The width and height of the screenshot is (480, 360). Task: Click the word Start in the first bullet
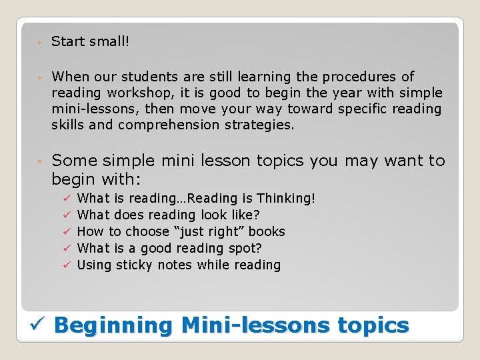[x=68, y=41]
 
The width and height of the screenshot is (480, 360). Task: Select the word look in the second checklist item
[x=191, y=215]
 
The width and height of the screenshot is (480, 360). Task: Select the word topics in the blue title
[x=373, y=325]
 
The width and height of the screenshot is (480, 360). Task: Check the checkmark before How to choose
[x=67, y=231]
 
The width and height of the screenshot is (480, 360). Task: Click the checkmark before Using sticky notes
[x=67, y=265]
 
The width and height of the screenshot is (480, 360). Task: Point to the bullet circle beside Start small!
[x=40, y=43]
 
